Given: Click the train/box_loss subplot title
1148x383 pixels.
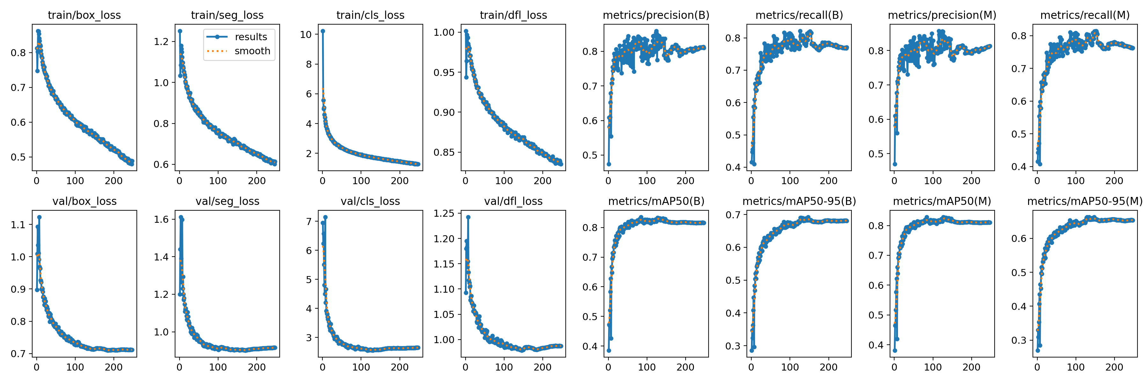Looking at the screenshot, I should pyautogui.click(x=84, y=15).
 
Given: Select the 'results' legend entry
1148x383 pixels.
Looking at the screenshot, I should pyautogui.click(x=250, y=37).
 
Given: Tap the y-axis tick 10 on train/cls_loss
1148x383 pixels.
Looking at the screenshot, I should pyautogui.click(x=306, y=34).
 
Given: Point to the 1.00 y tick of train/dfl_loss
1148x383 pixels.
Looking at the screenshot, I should pyautogui.click(x=444, y=32).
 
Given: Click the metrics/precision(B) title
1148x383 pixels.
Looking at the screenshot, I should pyautogui.click(x=656, y=15).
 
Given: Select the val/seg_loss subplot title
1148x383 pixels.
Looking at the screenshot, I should pyautogui.click(x=227, y=201).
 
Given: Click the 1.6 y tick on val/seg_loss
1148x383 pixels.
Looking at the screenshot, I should pyautogui.click(x=161, y=219).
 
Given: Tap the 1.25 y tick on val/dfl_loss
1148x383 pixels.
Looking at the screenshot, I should pyautogui.click(x=444, y=214).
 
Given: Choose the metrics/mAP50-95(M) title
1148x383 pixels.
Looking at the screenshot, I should pyautogui.click(x=1085, y=201).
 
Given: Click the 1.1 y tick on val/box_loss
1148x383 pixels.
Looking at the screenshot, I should pyautogui.click(x=18, y=225).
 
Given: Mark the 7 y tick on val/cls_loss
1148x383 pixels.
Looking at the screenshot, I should pyautogui.click(x=309, y=222).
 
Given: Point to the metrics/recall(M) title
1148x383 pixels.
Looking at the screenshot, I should pyautogui.click(x=1085, y=15).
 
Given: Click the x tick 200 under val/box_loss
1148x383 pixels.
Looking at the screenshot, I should pyautogui.click(x=113, y=367).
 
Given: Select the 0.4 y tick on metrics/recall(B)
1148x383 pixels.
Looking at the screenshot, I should pyautogui.click(x=733, y=167).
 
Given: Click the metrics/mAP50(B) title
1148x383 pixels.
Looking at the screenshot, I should pyautogui.click(x=656, y=201).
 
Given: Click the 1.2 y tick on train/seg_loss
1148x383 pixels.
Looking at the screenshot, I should pyautogui.click(x=161, y=42).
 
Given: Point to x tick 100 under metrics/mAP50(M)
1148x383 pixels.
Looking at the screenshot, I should pyautogui.click(x=933, y=367).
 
